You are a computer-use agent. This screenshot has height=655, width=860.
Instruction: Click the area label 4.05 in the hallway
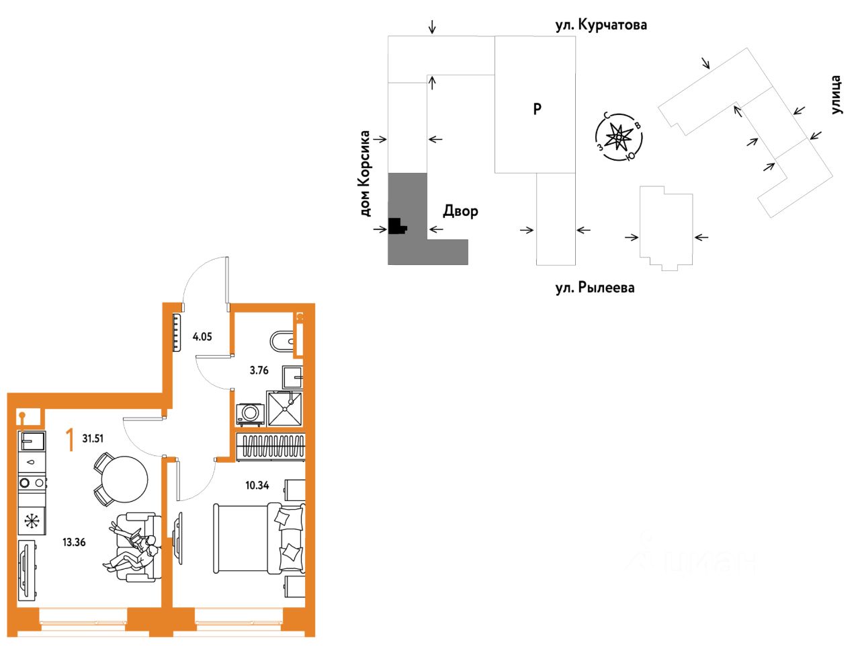pyautogui.click(x=202, y=336)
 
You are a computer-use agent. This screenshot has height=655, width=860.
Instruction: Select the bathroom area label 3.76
pyautogui.click(x=259, y=370)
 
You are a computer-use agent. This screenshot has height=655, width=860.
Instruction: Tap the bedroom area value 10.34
pyautogui.click(x=257, y=486)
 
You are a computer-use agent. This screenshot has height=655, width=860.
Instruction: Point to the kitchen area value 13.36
pyautogui.click(x=74, y=542)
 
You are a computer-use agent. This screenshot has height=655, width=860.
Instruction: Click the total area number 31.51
pyautogui.click(x=93, y=438)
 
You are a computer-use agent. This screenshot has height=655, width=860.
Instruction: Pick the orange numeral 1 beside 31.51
pyautogui.click(x=70, y=440)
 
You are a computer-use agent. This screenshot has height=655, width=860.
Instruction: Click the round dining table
pyautogui.click(x=124, y=479)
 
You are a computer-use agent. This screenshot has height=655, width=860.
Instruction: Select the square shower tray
pyautogui.click(x=284, y=408)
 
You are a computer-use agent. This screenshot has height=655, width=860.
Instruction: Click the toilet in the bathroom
pyautogui.click(x=283, y=341)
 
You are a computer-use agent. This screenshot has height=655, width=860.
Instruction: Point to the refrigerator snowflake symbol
pyautogui.click(x=32, y=521)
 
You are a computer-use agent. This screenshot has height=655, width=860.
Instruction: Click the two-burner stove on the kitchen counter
pyautogui.click(x=32, y=483)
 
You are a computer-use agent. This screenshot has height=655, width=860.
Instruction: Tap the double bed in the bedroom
pyautogui.click(x=259, y=539)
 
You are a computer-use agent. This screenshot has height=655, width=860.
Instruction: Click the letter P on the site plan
pyautogui.click(x=537, y=108)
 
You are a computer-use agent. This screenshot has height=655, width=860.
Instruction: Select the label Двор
pyautogui.click(x=460, y=211)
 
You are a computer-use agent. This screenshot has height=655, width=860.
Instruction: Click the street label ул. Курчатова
pyautogui.click(x=601, y=25)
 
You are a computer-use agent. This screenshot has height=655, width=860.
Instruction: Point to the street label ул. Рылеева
pyautogui.click(x=595, y=288)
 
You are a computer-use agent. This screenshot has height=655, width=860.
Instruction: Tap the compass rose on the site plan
pyautogui.click(x=619, y=137)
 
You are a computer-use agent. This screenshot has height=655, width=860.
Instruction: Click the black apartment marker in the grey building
pyautogui.click(x=397, y=227)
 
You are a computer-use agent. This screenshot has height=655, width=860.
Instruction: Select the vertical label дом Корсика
pyautogui.click(x=365, y=174)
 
